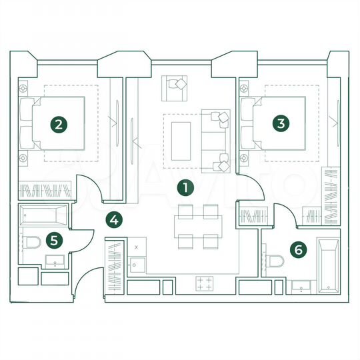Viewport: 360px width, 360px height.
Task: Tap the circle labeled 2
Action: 59,123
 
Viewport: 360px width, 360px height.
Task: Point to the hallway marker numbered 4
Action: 115,219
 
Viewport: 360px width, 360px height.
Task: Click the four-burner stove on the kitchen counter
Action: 205,284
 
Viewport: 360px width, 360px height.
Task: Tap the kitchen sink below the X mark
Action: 137,264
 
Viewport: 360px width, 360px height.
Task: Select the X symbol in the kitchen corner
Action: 137,246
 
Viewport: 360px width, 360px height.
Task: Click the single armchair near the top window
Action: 176,85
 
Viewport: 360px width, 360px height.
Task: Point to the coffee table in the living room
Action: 181,137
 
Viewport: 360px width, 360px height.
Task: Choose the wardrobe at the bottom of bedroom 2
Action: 44,191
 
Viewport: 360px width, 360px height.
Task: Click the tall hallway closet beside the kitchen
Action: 115,267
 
